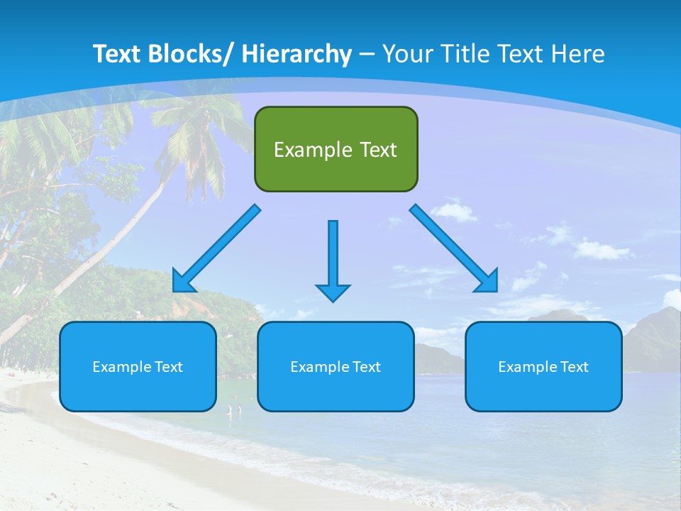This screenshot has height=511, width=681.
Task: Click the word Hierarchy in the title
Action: pos(297,54)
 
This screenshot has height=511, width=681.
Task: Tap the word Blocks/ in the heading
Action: pos(195,54)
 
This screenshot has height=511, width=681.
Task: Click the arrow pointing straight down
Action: pos(333,261)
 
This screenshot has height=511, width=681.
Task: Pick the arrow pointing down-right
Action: pos(454,248)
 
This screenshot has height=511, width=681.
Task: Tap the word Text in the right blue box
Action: pos(574,367)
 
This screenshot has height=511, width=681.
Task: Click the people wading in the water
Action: pos(234,410)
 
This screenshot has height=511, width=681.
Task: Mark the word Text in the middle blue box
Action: pos(366,367)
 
